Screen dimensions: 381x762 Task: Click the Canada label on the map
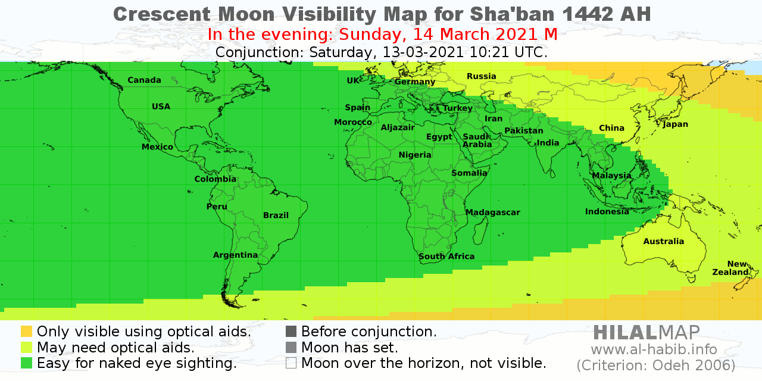(x=144, y=80)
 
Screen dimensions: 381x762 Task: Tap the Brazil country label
(x=276, y=216)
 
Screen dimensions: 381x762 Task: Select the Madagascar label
(x=492, y=213)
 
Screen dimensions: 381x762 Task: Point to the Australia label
(x=663, y=241)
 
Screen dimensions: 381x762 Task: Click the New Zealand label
(x=730, y=268)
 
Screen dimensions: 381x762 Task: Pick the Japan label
(x=675, y=124)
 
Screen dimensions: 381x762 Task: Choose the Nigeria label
(x=415, y=155)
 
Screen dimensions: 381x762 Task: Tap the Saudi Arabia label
(x=477, y=140)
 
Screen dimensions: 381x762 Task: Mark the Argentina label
(x=235, y=255)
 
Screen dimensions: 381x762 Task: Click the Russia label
(x=481, y=76)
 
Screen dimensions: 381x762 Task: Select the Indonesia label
(x=607, y=211)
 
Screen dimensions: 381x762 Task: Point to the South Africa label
(x=446, y=257)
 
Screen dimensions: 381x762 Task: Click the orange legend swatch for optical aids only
(x=26, y=332)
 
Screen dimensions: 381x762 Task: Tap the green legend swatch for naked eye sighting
(x=26, y=363)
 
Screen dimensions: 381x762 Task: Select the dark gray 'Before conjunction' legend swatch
(x=291, y=332)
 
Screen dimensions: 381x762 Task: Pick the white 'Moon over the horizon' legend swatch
(x=291, y=363)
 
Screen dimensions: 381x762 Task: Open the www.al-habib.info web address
(x=654, y=349)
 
